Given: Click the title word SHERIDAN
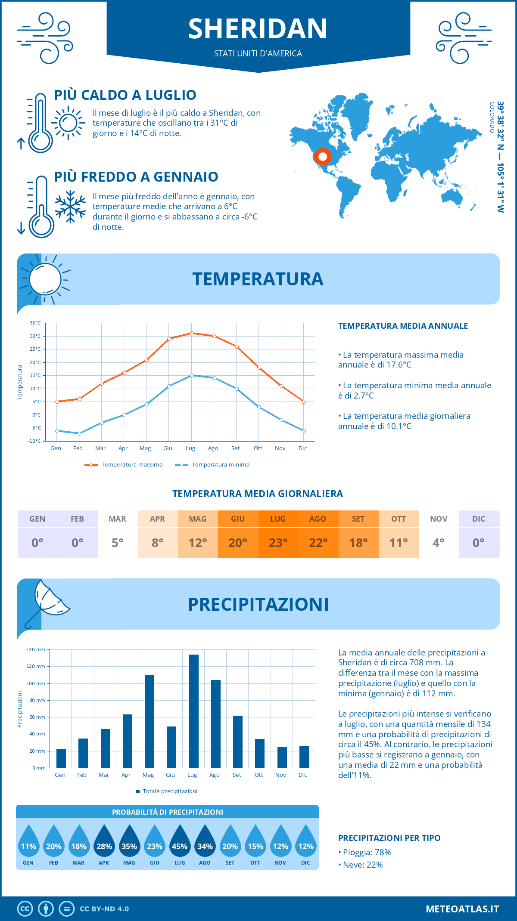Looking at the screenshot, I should pyautogui.click(x=258, y=29).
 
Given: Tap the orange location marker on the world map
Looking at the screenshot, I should pyautogui.click(x=322, y=157).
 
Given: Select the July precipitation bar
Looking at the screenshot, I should pyautogui.click(x=194, y=711).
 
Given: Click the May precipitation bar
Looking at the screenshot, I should pyautogui.click(x=149, y=721).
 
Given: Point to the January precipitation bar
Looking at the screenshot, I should pyautogui.click(x=61, y=758).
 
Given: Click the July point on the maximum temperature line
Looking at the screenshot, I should pyautogui.click(x=192, y=333).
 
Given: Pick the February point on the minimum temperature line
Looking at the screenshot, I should pyautogui.click(x=79, y=433).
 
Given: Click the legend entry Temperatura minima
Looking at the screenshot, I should pyautogui.click(x=220, y=465).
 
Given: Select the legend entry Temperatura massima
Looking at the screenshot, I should pyautogui.click(x=131, y=465).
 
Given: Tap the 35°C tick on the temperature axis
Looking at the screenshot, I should pyautogui.click(x=35, y=323).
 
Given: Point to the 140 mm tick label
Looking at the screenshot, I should pyautogui.click(x=36, y=649).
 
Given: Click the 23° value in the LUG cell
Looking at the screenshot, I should pyautogui.click(x=278, y=543).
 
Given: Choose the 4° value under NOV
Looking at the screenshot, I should pyautogui.click(x=439, y=543).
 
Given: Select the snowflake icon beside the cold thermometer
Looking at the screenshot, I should pyautogui.click(x=70, y=207).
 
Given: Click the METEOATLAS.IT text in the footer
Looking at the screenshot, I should pyautogui.click(x=462, y=909).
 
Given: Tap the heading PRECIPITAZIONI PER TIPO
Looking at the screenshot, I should pyautogui.click(x=389, y=838).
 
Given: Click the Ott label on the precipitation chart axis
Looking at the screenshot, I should pyautogui.click(x=258, y=775).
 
